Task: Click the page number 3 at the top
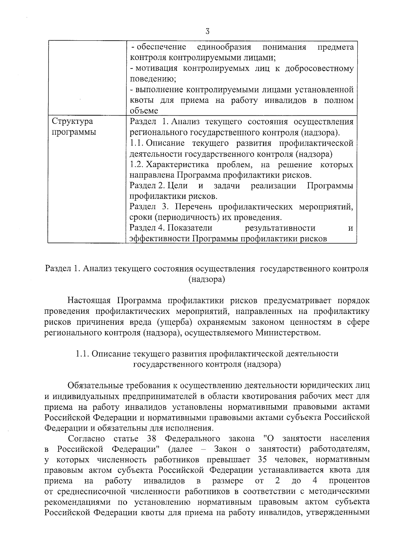[x=207, y=31]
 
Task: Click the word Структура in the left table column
[x=72, y=122]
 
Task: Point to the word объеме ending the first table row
[x=144, y=111]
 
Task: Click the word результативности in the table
[x=280, y=228]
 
